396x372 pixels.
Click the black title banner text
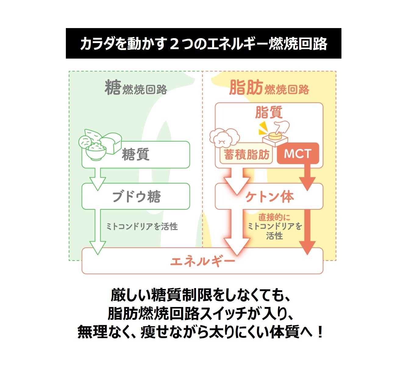pyautogui.click(x=203, y=44)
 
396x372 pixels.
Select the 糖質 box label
pyautogui.click(x=136, y=154)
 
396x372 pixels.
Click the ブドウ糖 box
pyautogui.click(x=136, y=196)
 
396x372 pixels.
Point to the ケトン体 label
pyautogui.click(x=269, y=197)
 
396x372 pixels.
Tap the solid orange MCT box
pyautogui.click(x=298, y=153)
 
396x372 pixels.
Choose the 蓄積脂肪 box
pyautogui.click(x=246, y=154)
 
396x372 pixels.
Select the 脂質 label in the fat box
pyautogui.click(x=269, y=112)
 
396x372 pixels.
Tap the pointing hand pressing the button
pyautogui.click(x=282, y=127)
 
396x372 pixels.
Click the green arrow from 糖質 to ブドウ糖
pyautogui.click(x=98, y=179)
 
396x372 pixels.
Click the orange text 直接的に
pyautogui.click(x=274, y=217)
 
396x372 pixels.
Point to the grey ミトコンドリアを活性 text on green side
pyautogui.click(x=142, y=226)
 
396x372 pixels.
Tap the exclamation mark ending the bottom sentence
pyautogui.click(x=320, y=332)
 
